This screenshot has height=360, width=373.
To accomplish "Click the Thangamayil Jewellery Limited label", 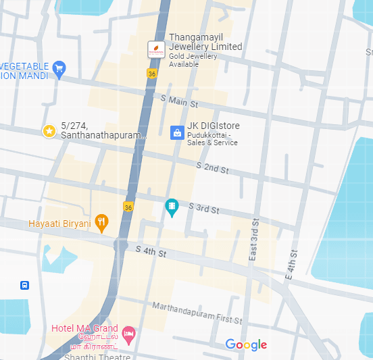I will click(x=205, y=42).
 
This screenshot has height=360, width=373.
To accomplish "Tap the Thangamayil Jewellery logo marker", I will click(x=156, y=49).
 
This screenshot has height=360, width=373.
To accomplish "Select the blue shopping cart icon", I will click(x=59, y=68).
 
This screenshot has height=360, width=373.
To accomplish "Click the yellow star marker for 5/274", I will click(x=49, y=130).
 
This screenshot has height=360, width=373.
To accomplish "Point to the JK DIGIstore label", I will click(x=213, y=126).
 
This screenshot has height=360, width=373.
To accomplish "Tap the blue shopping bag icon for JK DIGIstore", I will click(x=176, y=132).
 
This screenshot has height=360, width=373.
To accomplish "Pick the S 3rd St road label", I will click(x=203, y=209).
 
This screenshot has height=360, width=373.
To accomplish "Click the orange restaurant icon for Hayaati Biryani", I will click(x=101, y=222).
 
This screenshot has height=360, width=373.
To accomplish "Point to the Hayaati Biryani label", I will click(x=59, y=224).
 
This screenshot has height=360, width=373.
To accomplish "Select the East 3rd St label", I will click(x=254, y=240).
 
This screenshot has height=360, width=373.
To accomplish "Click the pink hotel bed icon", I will click(x=128, y=334).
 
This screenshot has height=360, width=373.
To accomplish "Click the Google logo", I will click(x=246, y=345).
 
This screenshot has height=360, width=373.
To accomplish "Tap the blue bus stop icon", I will click(x=25, y=285).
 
